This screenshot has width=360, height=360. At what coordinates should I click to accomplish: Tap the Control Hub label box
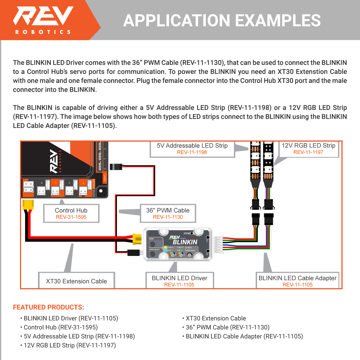(71, 213)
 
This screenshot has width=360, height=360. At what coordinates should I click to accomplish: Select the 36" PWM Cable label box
(168, 213)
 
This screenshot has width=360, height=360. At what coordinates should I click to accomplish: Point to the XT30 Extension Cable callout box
(76, 281)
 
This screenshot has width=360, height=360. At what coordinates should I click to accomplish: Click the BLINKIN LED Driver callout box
(179, 281)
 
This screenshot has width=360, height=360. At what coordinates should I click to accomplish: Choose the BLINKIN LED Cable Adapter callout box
(297, 281)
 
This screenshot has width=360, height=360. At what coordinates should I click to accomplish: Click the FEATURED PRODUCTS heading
(48, 307)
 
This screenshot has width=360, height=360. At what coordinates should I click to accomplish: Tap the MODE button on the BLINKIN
(152, 244)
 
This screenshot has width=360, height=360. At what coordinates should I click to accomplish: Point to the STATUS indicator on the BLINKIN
(192, 233)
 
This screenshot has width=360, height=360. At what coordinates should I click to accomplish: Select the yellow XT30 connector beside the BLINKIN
(137, 239)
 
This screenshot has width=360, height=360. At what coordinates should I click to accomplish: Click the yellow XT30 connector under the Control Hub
(28, 204)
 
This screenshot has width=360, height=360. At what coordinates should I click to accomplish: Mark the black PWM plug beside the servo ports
(116, 167)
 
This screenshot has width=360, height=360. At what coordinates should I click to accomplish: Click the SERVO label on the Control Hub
(105, 178)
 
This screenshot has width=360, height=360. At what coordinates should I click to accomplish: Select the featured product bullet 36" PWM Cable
(227, 327)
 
